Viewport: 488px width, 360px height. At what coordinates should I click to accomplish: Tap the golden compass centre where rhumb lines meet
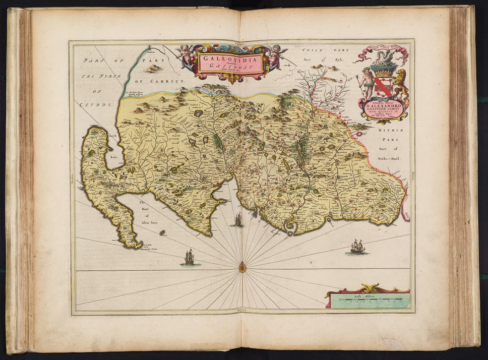242,267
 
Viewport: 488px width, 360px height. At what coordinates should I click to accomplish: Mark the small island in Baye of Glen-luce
163,233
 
